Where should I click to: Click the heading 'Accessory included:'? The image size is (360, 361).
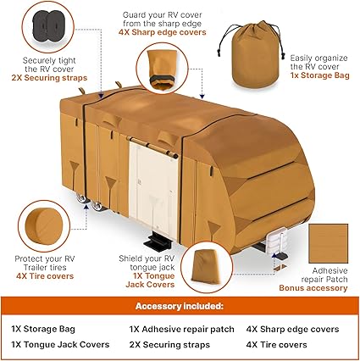(x=180, y=307)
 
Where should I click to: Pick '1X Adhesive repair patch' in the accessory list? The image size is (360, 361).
(x=181, y=329)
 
